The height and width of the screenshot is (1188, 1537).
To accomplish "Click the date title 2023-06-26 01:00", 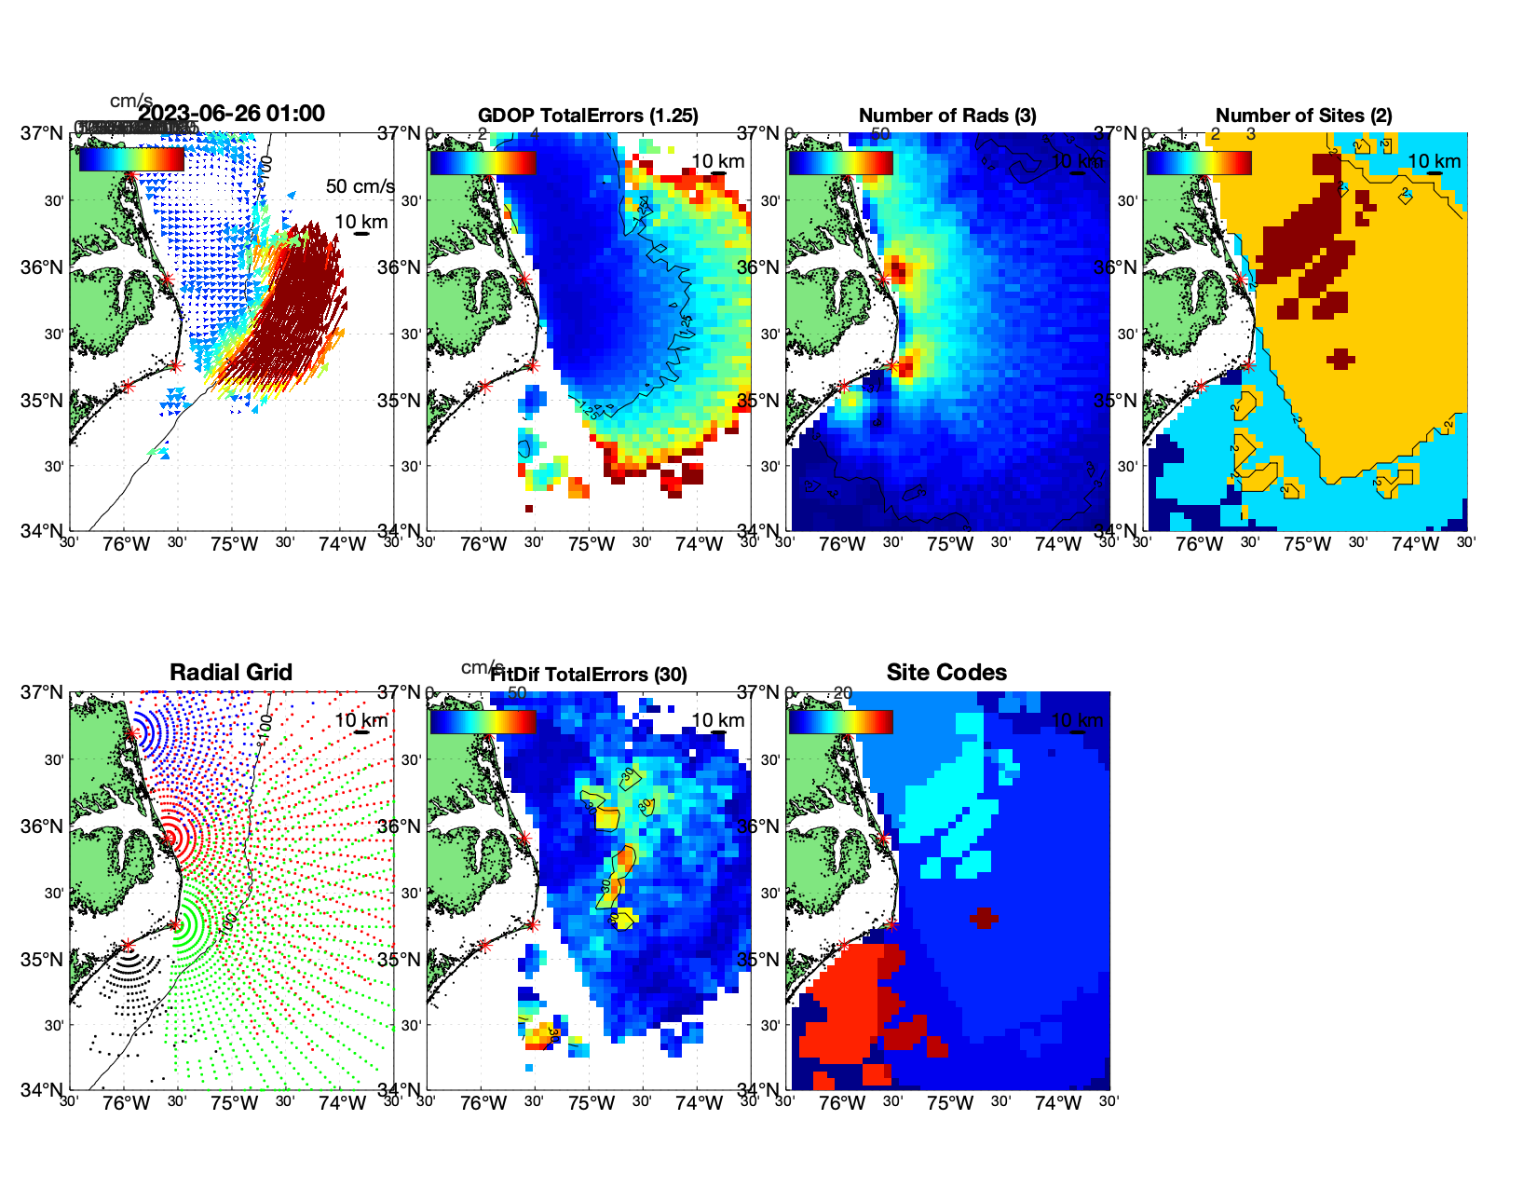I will pos(231,114).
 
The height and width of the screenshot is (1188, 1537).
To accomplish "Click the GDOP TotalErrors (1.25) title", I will pos(588,116).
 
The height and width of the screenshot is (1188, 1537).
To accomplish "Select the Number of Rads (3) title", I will pos(947,116).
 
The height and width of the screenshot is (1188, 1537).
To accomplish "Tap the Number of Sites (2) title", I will pos(1304,116).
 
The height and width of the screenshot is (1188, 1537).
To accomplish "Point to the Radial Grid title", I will pos(231,673).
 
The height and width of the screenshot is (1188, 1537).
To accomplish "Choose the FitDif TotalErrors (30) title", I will pos(589,675).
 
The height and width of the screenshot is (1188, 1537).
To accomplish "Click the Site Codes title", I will pos(946,673).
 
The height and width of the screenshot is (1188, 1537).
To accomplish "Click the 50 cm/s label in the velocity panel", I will pos(360,186).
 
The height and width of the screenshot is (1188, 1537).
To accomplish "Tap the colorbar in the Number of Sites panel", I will pos(1199,162).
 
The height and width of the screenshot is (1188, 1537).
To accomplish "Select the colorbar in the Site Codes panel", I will pos(841,721).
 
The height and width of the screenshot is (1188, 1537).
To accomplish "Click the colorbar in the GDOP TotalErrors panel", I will pos(483,162).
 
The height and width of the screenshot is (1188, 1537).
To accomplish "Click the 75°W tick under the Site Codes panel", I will pos(949,1104).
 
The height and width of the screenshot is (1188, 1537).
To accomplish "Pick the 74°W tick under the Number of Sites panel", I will pos(1415,545).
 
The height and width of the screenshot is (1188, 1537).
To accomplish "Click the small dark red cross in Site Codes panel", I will pos(984,918).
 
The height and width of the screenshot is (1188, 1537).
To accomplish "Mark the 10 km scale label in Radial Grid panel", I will pos(360,720).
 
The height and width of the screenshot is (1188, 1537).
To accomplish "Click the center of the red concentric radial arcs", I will pos(172,837).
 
